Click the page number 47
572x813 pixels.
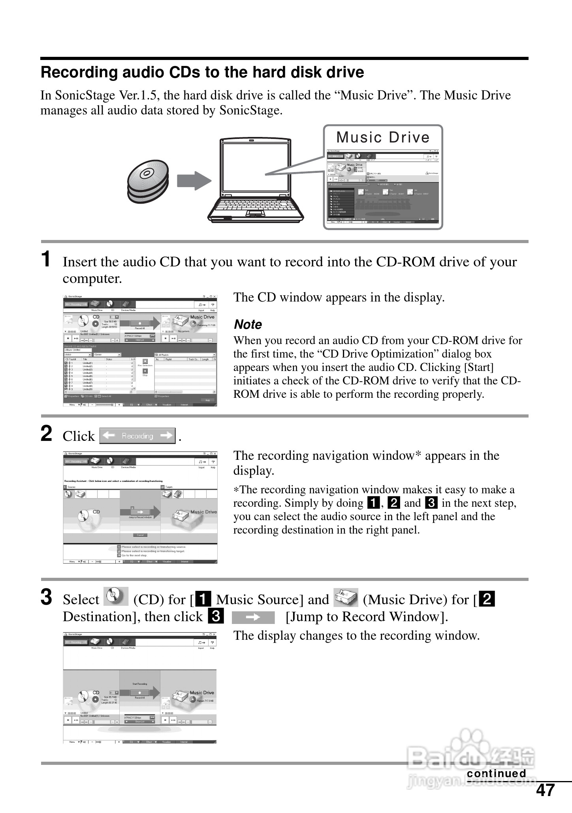[x=546, y=790]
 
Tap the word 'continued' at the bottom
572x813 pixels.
[x=496, y=773]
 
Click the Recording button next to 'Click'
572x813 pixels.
[x=137, y=436]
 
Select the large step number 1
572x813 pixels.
[x=46, y=259]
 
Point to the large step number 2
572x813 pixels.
[x=47, y=434]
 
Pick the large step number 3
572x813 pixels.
[x=47, y=597]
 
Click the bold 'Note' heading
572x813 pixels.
[x=248, y=324]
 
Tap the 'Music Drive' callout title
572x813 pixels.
[x=383, y=137]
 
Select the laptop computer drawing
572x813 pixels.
[x=256, y=181]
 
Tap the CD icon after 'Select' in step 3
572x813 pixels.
[x=115, y=597]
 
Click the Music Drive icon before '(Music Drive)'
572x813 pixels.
[x=346, y=598]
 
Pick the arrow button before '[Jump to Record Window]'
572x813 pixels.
[x=253, y=617]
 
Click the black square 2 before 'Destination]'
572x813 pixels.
[x=487, y=599]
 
